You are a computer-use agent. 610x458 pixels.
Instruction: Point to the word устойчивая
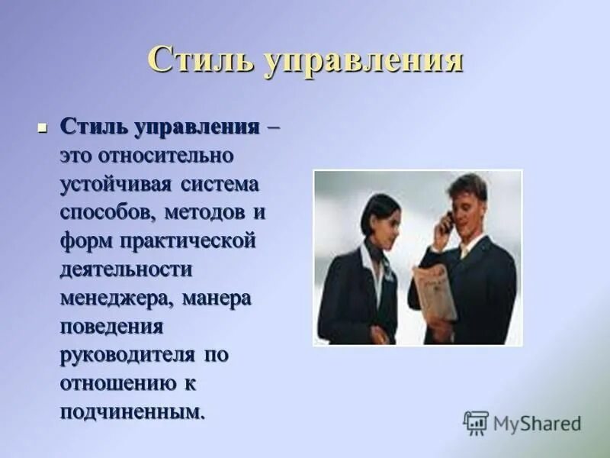pos(117,184)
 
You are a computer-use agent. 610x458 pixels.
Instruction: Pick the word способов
pos(106,212)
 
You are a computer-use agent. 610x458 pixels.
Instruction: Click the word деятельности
pos(126,269)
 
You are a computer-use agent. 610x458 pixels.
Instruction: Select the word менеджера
pos(117,298)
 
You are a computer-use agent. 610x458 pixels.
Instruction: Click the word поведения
pos(112,327)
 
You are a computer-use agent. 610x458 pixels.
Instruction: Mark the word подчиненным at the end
pos(133,412)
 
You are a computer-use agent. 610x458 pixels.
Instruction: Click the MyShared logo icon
pos(476,423)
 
